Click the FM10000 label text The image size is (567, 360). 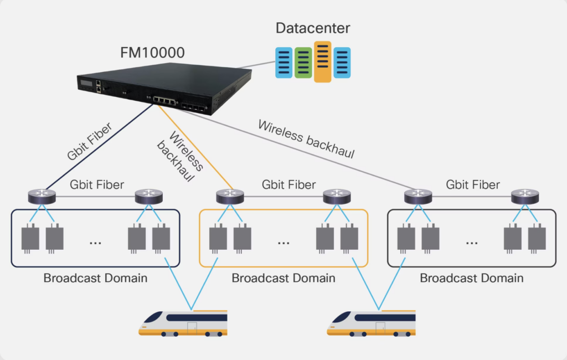point(152,53)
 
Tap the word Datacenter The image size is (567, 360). point(313,28)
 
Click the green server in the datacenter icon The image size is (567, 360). point(303,62)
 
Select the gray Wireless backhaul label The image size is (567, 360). point(306,139)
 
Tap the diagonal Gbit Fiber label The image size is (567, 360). point(89,142)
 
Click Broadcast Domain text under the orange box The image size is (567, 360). point(283,277)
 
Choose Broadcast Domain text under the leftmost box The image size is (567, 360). point(95,277)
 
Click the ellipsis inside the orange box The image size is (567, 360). point(283,241)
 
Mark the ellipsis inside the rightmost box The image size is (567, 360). point(472,241)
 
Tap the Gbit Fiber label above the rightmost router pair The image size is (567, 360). point(472,184)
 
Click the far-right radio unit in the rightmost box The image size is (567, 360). point(537,238)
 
